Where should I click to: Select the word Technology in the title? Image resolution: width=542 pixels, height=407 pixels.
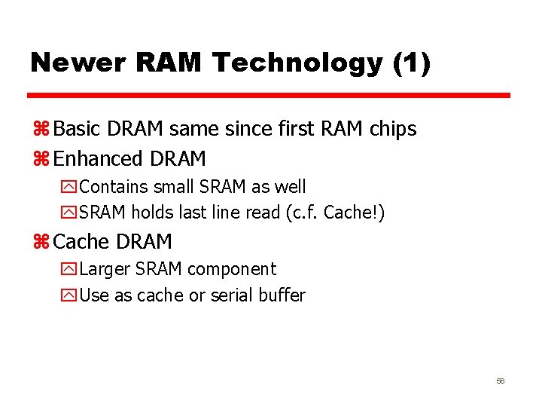[x=297, y=63]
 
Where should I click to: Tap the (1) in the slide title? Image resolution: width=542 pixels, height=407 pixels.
[x=412, y=63]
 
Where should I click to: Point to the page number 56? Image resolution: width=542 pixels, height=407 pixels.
[x=500, y=381]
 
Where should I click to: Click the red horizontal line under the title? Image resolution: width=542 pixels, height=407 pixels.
[x=269, y=96]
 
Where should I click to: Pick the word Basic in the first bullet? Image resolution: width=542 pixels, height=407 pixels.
[x=79, y=129]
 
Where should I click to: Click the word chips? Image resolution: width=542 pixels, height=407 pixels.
[x=393, y=129]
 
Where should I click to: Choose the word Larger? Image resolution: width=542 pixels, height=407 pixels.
[x=103, y=269]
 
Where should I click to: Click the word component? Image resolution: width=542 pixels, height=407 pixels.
[x=232, y=269]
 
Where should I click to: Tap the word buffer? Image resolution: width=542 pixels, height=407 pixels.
[x=282, y=295]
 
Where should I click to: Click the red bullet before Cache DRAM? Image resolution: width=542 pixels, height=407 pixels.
[x=41, y=242]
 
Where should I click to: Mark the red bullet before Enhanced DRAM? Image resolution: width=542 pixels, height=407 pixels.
[x=41, y=160]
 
